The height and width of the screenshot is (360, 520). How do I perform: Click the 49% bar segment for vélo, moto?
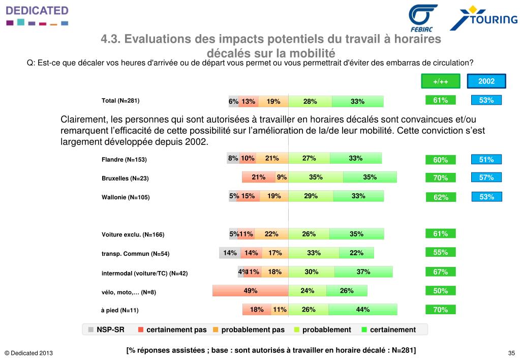[250, 291]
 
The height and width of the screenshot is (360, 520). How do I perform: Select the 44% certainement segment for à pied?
[362, 309]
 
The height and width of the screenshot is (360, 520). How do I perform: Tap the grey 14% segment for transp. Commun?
[229, 253]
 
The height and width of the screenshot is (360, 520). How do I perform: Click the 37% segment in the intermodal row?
[363, 272]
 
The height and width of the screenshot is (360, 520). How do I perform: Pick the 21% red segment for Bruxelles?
[259, 177]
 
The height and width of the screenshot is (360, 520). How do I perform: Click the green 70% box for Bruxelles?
[441, 178]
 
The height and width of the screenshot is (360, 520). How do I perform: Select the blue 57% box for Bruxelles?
[486, 177]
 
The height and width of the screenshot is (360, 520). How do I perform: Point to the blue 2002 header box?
[486, 81]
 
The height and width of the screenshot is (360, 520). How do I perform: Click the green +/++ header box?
[441, 81]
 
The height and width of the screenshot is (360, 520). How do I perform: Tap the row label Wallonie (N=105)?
[126, 197]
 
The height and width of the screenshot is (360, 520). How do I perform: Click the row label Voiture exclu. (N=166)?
[133, 234]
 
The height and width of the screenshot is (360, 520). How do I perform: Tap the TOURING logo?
[483, 19]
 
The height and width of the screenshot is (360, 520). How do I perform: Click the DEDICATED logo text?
[37, 11]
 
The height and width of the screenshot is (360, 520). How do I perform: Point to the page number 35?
[511, 353]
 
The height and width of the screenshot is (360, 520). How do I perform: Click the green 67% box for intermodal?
[441, 272]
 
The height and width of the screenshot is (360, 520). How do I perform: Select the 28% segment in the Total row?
[310, 101]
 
